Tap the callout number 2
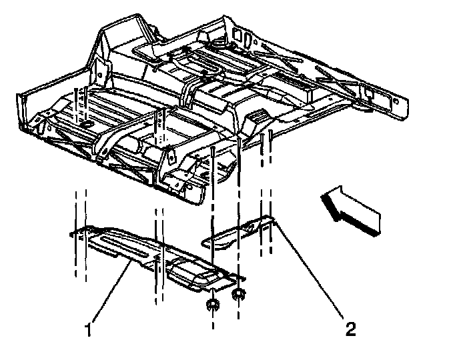pos(350,328)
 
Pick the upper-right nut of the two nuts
pos(238,294)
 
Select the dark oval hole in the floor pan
pos(87,125)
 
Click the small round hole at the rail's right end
pos(396,100)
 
